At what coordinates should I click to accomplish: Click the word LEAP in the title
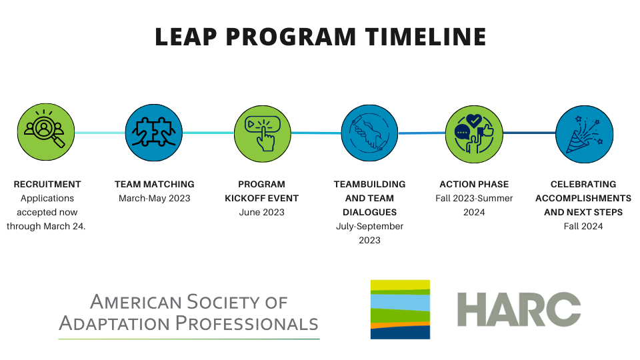click(x=186, y=37)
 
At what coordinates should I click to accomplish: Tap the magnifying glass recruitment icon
click(x=46, y=132)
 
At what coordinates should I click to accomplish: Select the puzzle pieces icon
click(x=154, y=133)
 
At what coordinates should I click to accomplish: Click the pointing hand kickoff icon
click(x=263, y=134)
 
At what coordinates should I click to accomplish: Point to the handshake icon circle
click(x=370, y=133)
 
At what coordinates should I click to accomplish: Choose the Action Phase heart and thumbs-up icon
click(x=474, y=134)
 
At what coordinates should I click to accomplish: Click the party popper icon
click(x=585, y=134)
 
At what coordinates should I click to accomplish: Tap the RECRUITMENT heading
click(x=47, y=185)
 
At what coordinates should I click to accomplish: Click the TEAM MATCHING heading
click(x=154, y=185)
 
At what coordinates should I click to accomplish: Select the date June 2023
click(x=261, y=212)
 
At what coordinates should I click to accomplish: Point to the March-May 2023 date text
click(x=154, y=199)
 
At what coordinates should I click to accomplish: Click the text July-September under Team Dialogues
click(x=369, y=227)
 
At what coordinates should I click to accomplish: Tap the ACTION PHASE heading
click(x=474, y=185)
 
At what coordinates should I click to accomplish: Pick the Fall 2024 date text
click(x=583, y=227)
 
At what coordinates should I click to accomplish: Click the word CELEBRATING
click(x=583, y=185)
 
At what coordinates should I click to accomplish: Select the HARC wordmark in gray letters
click(x=519, y=309)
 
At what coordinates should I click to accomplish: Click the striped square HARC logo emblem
click(x=400, y=309)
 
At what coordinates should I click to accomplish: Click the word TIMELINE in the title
click(x=426, y=37)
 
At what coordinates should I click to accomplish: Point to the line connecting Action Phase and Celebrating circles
click(x=529, y=133)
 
